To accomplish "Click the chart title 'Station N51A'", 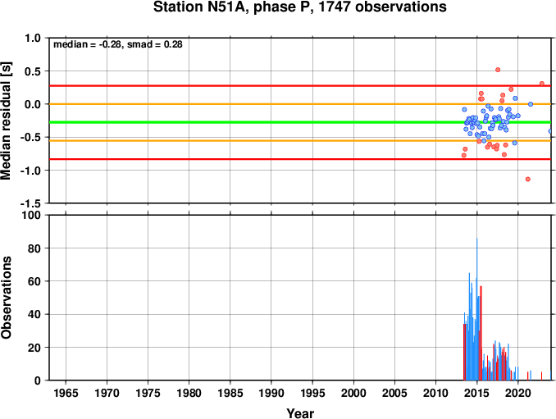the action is [199, 7].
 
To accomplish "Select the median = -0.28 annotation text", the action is [87, 44].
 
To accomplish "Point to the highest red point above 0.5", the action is [498, 70].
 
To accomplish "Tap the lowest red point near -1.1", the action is [527, 179].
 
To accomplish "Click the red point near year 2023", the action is [542, 84].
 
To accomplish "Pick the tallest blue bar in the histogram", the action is [476, 309].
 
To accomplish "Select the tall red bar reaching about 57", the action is [481, 333].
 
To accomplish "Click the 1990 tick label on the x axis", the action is [271, 393].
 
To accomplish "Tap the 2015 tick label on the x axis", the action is [477, 393].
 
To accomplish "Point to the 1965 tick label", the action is [66, 393].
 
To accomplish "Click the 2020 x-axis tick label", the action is [518, 393].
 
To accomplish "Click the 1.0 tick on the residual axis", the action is [33, 38].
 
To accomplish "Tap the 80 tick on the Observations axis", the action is [34, 248].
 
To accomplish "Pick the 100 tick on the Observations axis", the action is [31, 215].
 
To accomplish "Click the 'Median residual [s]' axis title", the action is [7, 121].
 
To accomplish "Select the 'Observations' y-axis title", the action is [7, 298].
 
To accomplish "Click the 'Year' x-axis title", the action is [300, 413].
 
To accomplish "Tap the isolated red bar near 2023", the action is [541, 376].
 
